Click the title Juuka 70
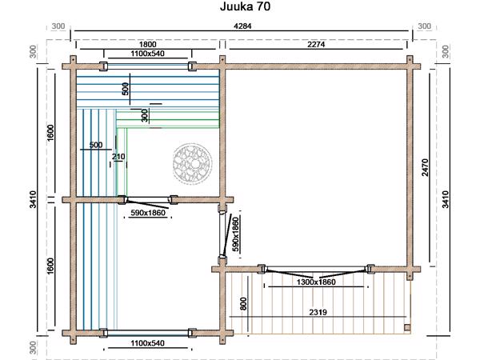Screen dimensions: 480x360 coord(246,6)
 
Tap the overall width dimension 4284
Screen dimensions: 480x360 coord(242,26)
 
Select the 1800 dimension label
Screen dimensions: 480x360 coord(147,44)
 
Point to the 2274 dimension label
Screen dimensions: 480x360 coord(316,44)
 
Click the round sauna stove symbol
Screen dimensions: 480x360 coord(192,163)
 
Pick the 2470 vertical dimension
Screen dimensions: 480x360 coord(426,167)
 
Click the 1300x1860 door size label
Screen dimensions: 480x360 coord(316,282)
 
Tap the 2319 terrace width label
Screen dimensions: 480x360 coord(318,312)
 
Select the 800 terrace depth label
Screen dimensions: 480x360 coord(243,304)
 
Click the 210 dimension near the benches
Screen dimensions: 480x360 coord(118,157)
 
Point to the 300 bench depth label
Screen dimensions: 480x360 coord(145,115)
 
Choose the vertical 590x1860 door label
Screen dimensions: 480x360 coord(235,234)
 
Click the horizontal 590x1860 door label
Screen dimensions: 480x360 coord(148,213)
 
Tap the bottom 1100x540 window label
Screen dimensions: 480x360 coord(147,343)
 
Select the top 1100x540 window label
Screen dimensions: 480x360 coord(147,54)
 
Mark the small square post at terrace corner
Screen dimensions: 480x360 coord(407,327)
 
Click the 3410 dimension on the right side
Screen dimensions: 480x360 coord(446,199)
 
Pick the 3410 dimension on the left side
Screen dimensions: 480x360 coord(33,199)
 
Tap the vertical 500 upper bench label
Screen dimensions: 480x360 coord(126,89)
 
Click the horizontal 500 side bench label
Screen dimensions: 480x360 coord(96,145)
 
